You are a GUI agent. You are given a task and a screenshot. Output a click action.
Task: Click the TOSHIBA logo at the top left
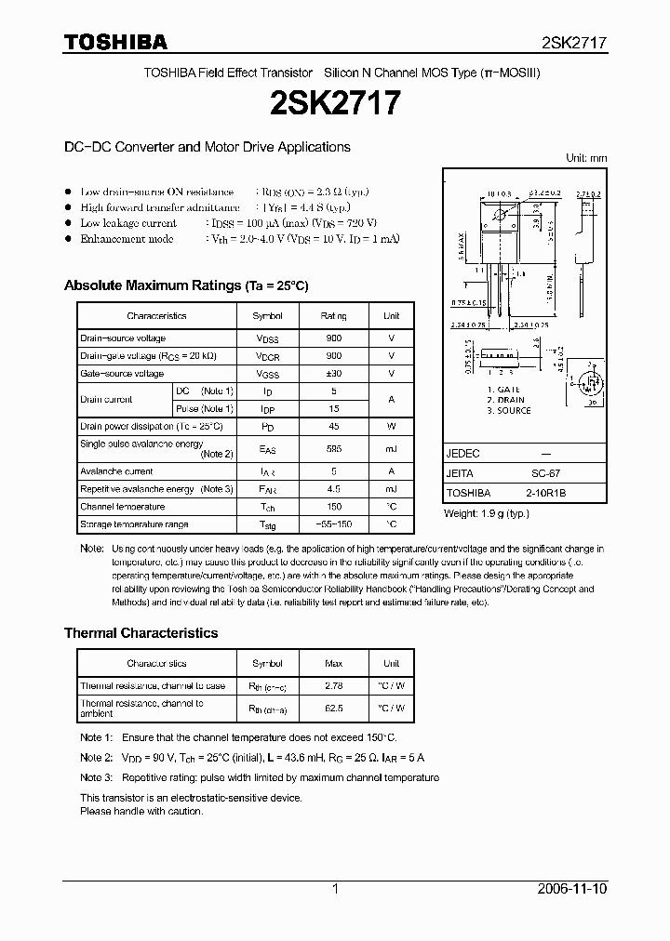[x=115, y=42]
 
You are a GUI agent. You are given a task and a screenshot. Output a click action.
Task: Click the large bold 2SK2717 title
[x=335, y=102]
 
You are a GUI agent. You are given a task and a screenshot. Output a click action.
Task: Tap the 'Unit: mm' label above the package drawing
[x=586, y=158]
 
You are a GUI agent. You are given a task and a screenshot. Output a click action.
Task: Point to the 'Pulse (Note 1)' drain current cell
[x=205, y=408]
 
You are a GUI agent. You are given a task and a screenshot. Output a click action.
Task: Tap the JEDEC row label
[x=463, y=454]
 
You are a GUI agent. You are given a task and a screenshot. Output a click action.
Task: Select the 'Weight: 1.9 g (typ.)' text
[x=487, y=513]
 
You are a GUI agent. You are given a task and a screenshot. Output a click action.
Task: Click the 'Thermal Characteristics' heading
[x=141, y=633]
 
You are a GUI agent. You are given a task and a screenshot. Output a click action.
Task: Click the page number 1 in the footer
[x=335, y=889]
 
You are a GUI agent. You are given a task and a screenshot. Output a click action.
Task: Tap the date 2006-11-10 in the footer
[x=572, y=889]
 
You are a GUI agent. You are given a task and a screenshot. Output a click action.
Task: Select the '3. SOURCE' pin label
[x=509, y=410]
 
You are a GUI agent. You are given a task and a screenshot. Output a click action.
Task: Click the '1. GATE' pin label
[x=503, y=390]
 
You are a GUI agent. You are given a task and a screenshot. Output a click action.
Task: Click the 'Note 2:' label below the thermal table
[x=97, y=758]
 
